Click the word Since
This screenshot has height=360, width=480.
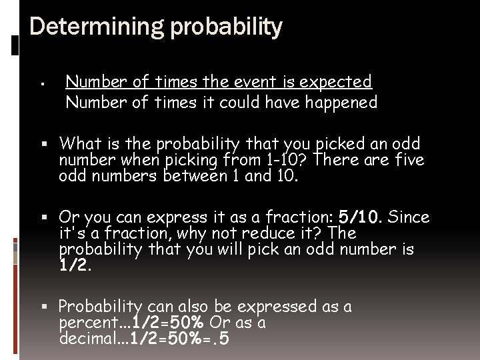point(409,217)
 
